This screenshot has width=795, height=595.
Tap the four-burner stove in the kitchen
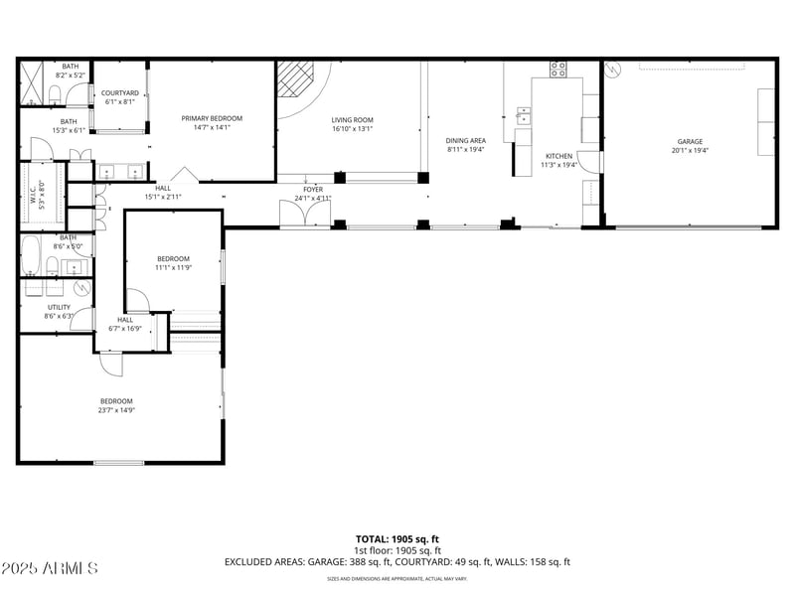pos(558,70)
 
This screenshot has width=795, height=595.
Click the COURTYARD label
pos(120,93)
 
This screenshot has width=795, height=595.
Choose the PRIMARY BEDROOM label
pos(211,118)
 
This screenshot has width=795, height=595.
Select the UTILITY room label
pos(60,307)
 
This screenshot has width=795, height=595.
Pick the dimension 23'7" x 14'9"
pos(115,410)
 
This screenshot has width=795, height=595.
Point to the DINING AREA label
pos(465,141)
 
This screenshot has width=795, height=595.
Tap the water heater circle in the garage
pos(614,71)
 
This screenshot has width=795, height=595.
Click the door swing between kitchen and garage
pos(593,162)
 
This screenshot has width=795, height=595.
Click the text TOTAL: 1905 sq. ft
pos(397,539)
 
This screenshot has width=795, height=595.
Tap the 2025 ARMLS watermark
pos(50,569)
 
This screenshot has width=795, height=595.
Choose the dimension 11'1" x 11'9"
pos(173,267)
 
